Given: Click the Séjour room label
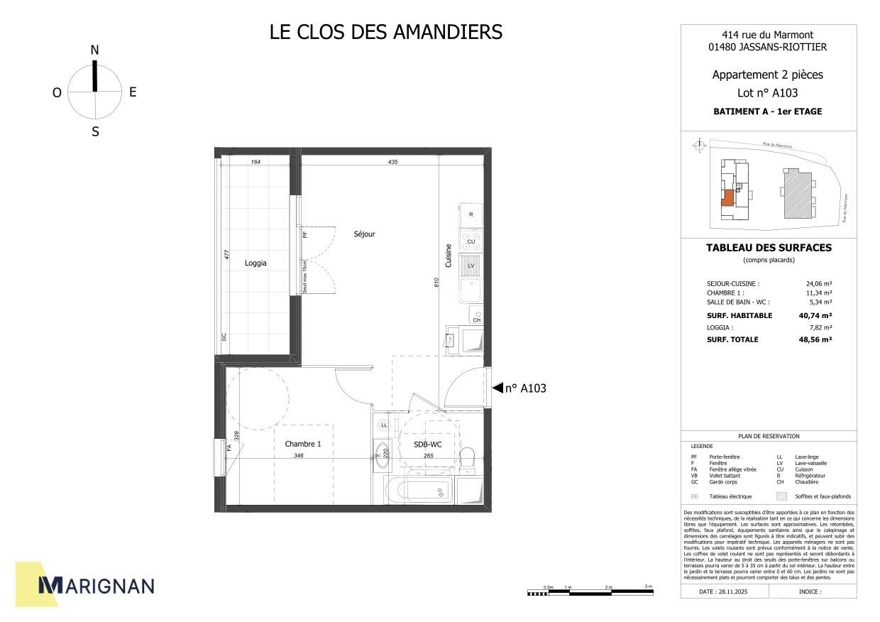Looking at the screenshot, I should coord(365,234).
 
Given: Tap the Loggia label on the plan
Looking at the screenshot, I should coord(255,263).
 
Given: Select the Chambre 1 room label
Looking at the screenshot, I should coord(303,444).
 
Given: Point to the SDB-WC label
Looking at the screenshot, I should coord(428,444).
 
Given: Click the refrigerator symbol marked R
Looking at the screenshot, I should coord(471,214).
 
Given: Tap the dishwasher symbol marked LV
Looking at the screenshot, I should coord(471,266).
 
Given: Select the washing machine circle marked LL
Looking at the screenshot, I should coord(384,425).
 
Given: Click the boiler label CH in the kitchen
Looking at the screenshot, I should coord(477,320).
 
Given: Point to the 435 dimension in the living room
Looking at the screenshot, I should coord(392,162).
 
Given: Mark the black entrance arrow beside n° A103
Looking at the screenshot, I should coord(497,388).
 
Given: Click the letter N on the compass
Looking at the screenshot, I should coord(94,50).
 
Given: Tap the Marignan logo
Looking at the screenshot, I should coord(95,584).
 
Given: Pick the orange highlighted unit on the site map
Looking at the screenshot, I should coord(727,198).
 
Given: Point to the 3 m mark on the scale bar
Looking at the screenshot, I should coord(648,587).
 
